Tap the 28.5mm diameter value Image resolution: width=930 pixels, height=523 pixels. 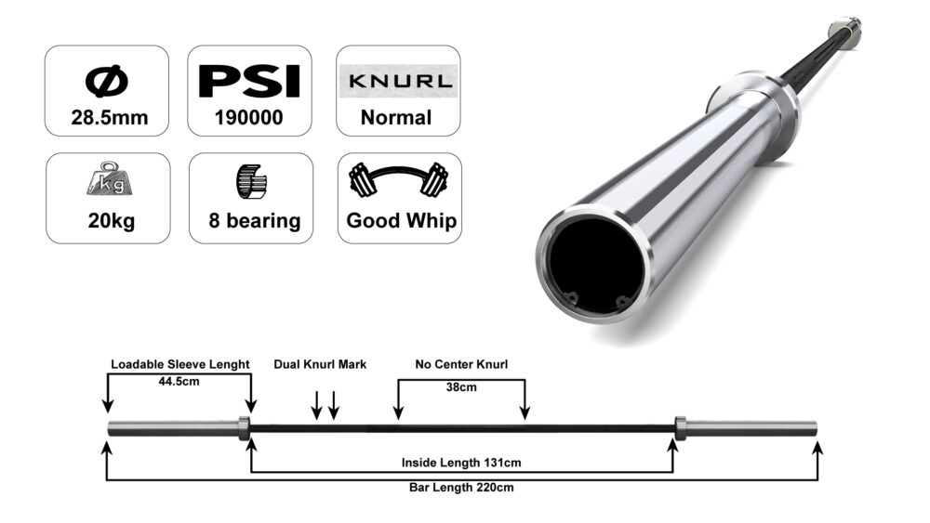[x=107, y=118]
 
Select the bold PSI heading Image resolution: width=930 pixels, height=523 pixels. [x=250, y=81]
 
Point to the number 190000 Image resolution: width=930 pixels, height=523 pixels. [x=250, y=118]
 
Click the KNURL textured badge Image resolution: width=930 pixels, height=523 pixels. [x=399, y=81]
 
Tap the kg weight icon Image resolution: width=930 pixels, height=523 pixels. [x=107, y=182]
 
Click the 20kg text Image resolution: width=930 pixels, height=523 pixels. [x=107, y=221]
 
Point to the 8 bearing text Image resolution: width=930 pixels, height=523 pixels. [x=250, y=221]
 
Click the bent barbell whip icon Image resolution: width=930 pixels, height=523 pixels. [x=399, y=181]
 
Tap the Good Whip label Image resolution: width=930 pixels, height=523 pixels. [x=399, y=221]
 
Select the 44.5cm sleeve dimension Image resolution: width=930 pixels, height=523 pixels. [x=179, y=381]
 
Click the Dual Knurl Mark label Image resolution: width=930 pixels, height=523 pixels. [x=320, y=364]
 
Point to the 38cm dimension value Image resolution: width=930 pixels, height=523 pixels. [x=461, y=386]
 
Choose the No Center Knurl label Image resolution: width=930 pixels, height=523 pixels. [x=461, y=364]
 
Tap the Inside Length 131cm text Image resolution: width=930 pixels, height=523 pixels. [x=461, y=463]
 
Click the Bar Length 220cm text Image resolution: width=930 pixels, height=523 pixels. [x=462, y=487]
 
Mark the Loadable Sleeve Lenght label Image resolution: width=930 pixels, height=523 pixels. [x=179, y=364]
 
